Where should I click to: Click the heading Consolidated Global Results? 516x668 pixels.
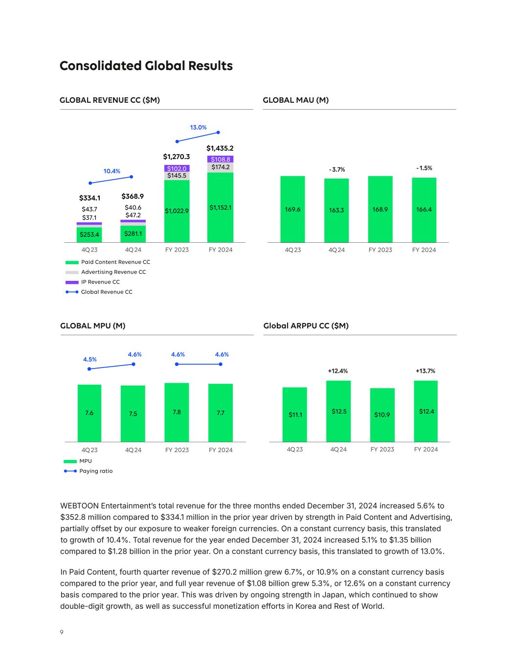[x=146, y=66]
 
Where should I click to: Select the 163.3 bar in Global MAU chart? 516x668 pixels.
[x=337, y=210]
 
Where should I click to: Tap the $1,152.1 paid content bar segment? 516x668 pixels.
[x=220, y=207]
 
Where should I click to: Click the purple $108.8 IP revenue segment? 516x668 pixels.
[x=220, y=159]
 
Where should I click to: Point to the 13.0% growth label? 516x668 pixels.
[x=198, y=127]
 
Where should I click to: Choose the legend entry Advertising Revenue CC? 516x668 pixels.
[x=113, y=272]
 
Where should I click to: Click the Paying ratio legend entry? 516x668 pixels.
[x=95, y=471]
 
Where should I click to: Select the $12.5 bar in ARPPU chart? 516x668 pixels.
[x=338, y=412]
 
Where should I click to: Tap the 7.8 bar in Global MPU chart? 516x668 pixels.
[x=177, y=412]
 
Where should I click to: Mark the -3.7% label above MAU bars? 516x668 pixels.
[x=337, y=170]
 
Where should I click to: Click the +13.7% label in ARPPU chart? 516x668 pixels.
[x=425, y=371]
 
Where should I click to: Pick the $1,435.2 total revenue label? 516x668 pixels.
[x=220, y=148]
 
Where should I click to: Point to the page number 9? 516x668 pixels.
[x=62, y=632]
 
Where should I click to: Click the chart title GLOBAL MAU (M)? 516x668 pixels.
[x=295, y=100]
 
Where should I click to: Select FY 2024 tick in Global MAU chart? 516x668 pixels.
[x=424, y=250]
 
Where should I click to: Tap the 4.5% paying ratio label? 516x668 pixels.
[x=90, y=359]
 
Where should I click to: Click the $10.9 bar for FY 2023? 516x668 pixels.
[x=382, y=415]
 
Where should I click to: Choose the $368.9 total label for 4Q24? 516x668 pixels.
[x=133, y=196]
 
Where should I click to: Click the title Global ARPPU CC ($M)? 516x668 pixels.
[x=306, y=326]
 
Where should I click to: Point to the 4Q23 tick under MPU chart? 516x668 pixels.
[x=90, y=450]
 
